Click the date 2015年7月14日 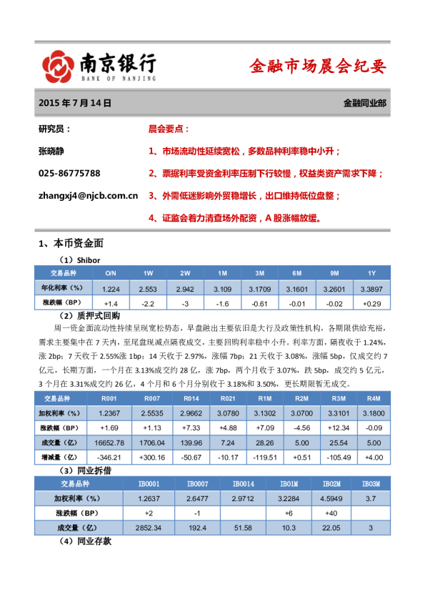tap(76, 103)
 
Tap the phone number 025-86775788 tap(69, 173)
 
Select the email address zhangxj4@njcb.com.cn tap(88, 194)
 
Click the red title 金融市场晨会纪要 tap(317, 67)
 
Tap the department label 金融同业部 tap(364, 103)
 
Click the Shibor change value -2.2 tap(148, 303)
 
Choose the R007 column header tap(151, 398)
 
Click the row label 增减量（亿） tap(61, 457)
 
